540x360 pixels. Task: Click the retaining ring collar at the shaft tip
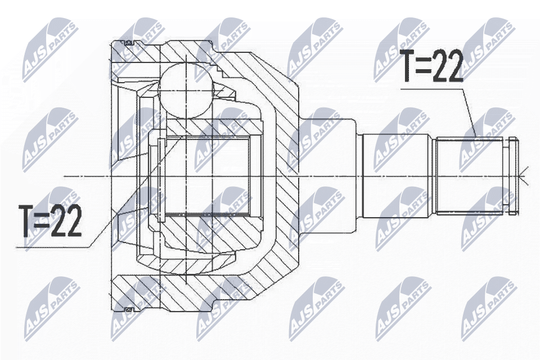(511, 176)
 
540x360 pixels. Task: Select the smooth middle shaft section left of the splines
(397, 176)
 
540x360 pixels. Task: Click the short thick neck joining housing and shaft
(329, 176)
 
